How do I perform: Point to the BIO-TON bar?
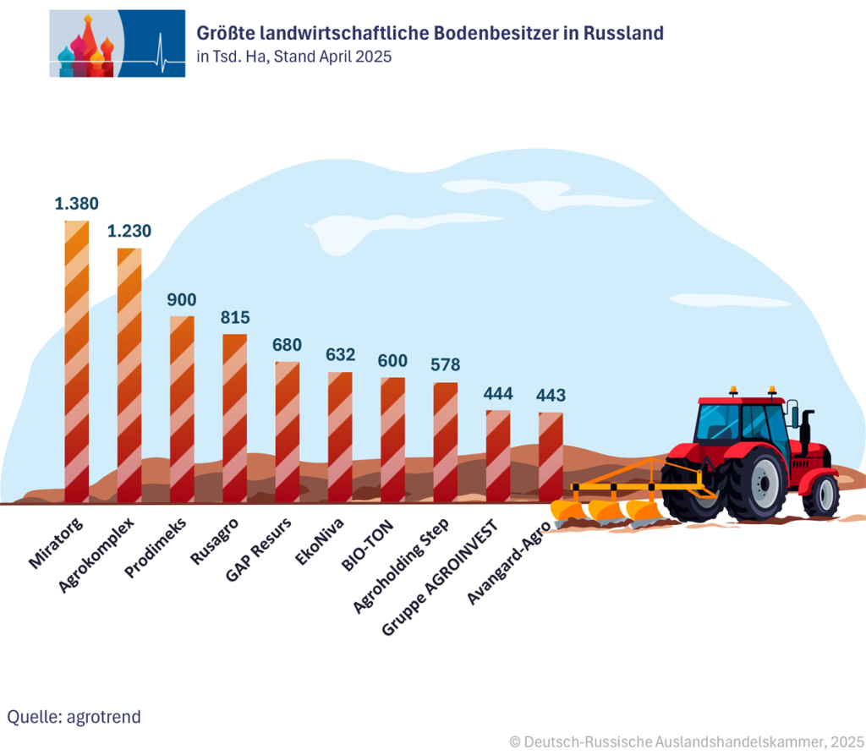[x=392, y=440]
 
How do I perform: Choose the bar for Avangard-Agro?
[x=551, y=457]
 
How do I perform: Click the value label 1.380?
[x=77, y=203]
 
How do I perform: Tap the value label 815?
[x=234, y=317]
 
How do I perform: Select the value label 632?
[x=340, y=354]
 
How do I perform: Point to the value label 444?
[x=498, y=393]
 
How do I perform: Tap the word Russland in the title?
[x=622, y=33]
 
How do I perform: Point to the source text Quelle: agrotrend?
[x=74, y=717]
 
